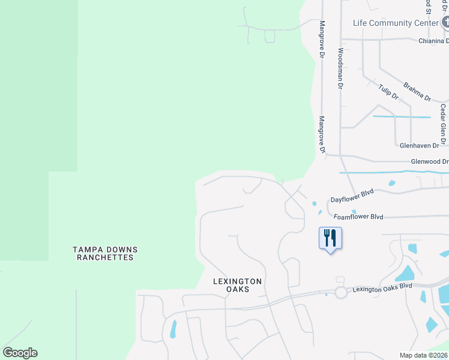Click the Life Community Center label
[395, 23]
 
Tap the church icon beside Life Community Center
[445, 23]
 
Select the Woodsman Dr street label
[340, 68]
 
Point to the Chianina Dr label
[433, 41]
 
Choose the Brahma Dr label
[417, 91]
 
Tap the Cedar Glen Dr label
[443, 124]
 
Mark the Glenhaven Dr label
[423, 145]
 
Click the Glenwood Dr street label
[429, 161]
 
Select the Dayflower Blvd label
[352, 196]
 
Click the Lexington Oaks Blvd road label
[382, 289]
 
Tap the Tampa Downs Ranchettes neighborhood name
[105, 253]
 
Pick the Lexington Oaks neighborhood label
[238, 285]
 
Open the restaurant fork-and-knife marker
[330, 238]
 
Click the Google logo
[20, 353]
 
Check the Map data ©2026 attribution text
[424, 355]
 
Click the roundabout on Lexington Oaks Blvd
[341, 293]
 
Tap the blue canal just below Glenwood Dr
[390, 173]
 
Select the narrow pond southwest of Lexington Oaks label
[173, 329]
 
